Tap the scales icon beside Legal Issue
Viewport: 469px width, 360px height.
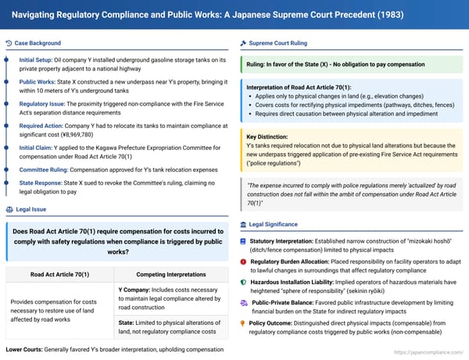pyautogui.click(x=9, y=209)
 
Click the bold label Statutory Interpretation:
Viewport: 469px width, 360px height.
pyautogui.click(x=289, y=242)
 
